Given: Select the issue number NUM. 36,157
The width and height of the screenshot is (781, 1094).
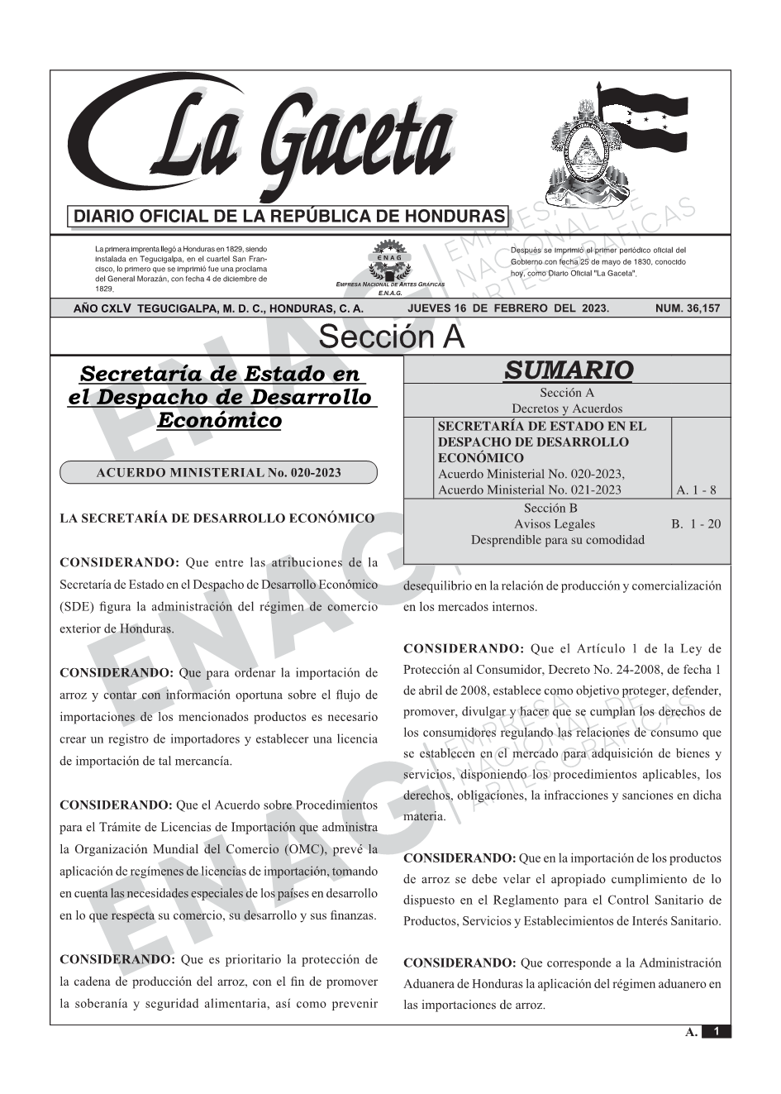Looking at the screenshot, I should (687, 308).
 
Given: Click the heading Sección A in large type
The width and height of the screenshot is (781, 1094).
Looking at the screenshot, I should (391, 337).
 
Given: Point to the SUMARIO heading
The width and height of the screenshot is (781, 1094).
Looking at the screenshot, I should (568, 370).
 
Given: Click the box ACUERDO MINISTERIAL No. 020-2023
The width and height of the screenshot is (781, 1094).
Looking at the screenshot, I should (218, 473).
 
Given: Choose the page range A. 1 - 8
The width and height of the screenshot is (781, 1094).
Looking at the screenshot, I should (696, 490).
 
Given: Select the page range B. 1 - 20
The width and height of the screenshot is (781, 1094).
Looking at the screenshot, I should (696, 524).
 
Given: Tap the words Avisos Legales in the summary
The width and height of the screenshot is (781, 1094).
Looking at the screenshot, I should (554, 524).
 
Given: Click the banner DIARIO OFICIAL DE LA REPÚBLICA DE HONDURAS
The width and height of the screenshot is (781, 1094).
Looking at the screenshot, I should (289, 217).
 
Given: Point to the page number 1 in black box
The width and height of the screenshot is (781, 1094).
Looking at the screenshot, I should (717, 1032).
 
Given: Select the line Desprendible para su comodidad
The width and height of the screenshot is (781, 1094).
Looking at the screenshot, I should (557, 540).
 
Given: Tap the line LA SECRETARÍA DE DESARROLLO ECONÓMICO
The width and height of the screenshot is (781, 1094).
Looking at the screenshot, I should (217, 518).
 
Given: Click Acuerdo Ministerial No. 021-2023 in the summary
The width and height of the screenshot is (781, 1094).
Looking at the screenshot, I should (529, 490).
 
